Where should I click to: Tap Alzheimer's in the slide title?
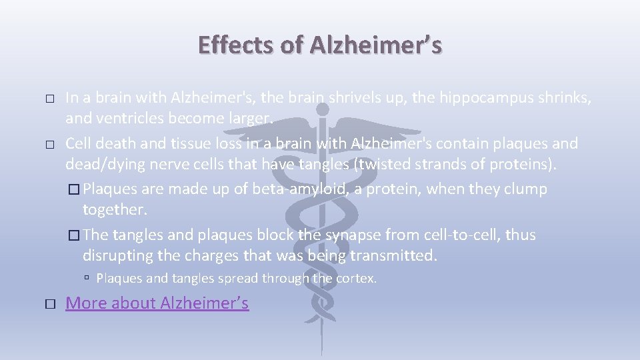click(x=375, y=45)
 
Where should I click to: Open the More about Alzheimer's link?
click(x=157, y=303)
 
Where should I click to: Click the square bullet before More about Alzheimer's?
click(x=50, y=303)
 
